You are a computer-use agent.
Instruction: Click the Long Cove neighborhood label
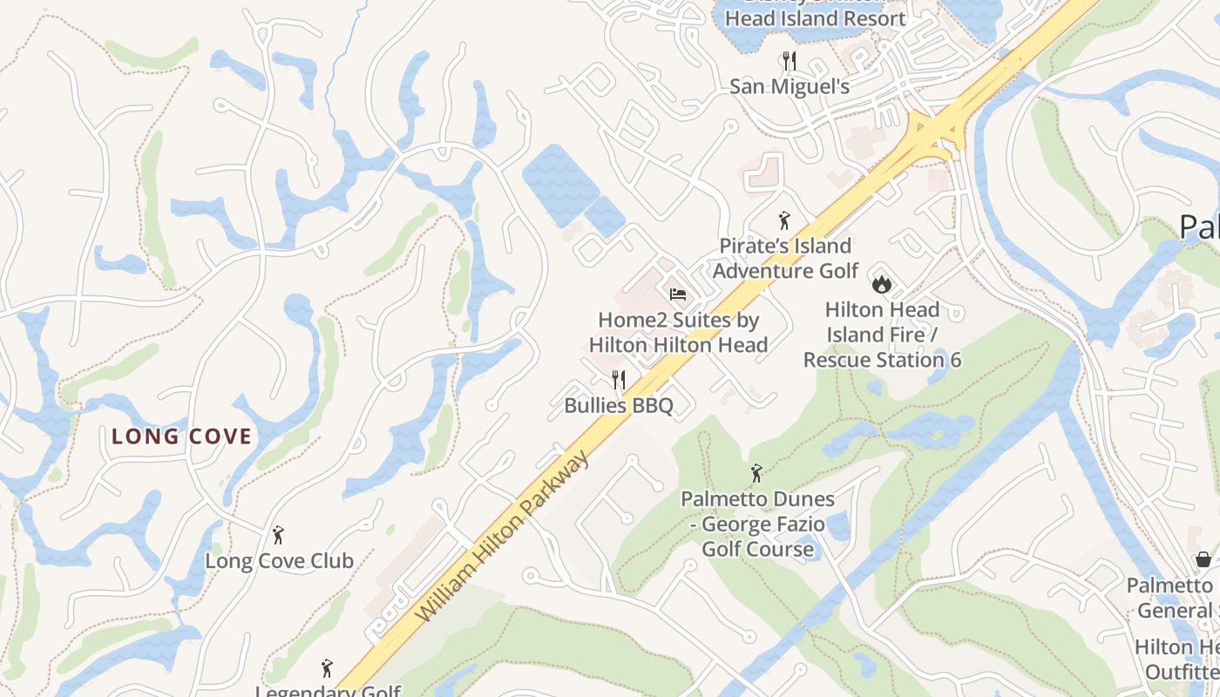point(181,436)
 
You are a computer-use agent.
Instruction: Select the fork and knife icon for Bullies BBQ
point(619,380)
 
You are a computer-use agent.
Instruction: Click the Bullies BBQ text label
point(619,406)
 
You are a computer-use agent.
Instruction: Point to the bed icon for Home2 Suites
point(678,294)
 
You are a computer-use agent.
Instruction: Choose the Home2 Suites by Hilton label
point(678,333)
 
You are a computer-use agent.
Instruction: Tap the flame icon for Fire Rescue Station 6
point(882,283)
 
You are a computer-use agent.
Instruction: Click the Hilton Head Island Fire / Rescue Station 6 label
point(882,335)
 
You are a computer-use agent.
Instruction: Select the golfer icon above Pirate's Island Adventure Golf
point(784,220)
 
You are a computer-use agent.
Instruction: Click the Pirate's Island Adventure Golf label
point(785,259)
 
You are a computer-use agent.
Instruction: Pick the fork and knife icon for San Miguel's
point(790,61)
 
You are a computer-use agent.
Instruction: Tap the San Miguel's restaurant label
point(790,86)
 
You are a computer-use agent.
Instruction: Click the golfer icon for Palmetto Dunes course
point(756,474)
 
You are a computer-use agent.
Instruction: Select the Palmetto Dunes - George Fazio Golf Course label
point(757,524)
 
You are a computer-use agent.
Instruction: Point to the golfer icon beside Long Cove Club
point(279,534)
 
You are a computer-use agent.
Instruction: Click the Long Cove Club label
point(279,561)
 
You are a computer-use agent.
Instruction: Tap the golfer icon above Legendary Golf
point(327,668)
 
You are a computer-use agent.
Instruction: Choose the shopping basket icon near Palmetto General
point(1203,558)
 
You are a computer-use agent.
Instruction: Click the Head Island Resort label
point(815,17)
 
